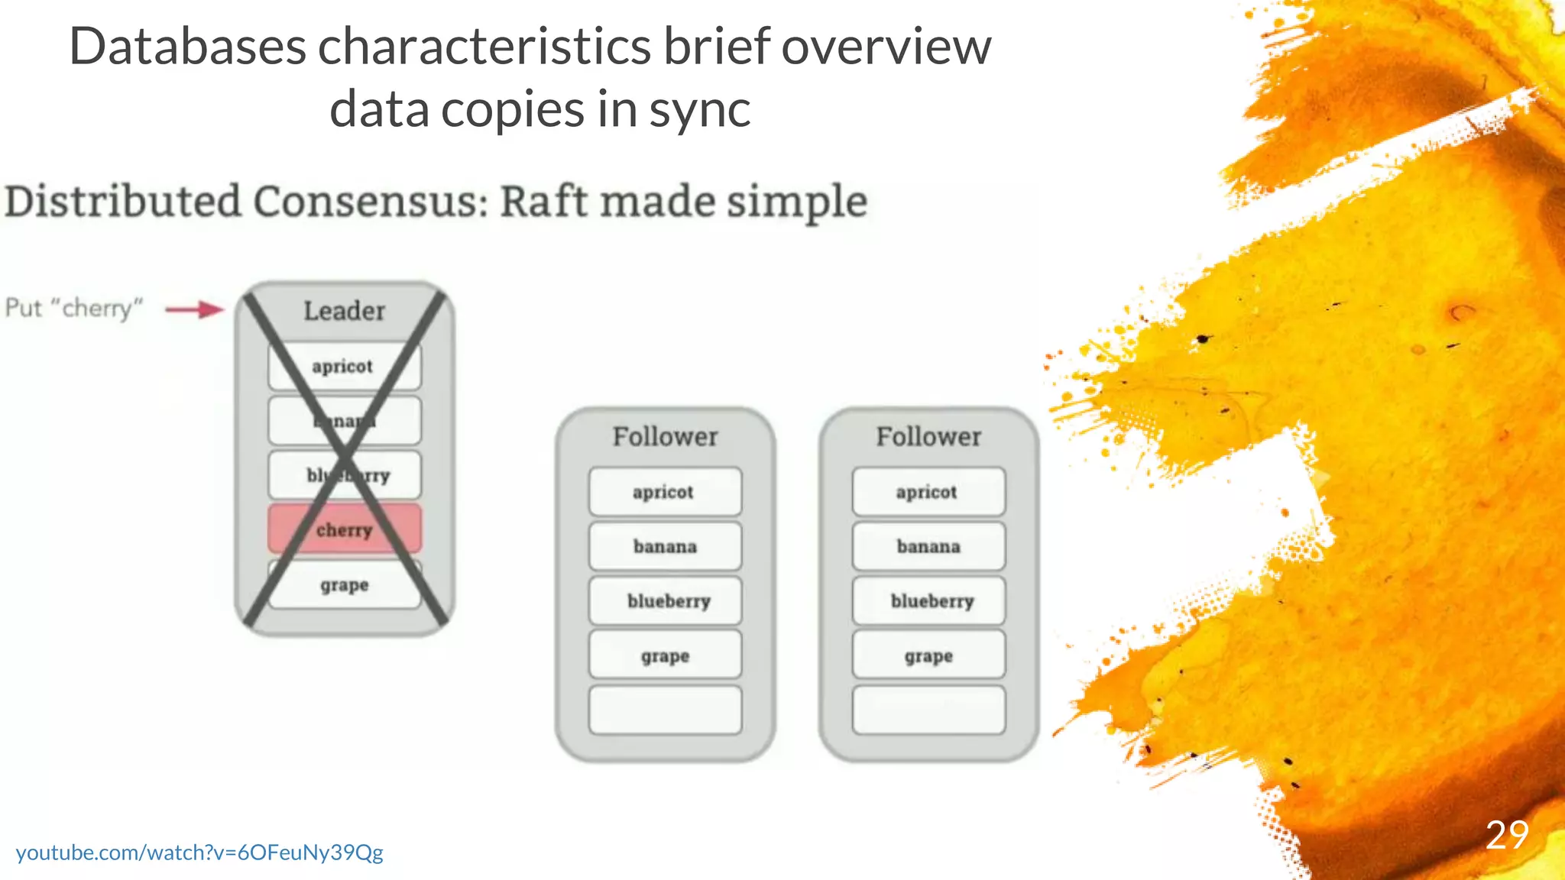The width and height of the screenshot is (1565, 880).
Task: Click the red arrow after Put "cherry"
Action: click(195, 309)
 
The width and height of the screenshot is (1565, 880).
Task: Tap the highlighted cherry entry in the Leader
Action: click(344, 529)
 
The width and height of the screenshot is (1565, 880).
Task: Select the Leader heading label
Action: click(344, 311)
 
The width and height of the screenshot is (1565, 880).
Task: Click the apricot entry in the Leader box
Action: click(343, 366)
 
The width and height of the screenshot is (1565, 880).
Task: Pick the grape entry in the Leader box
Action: click(345, 585)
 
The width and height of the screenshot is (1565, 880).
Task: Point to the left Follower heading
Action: click(665, 437)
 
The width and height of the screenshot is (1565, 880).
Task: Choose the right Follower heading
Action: click(928, 437)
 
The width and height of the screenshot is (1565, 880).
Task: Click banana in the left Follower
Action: click(665, 546)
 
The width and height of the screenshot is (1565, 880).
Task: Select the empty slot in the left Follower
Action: click(665, 710)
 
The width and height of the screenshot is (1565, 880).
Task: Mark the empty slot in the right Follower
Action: click(929, 710)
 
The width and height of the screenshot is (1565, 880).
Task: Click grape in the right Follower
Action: click(929, 656)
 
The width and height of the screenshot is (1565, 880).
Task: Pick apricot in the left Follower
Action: click(664, 492)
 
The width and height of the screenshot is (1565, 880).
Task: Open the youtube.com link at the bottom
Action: click(199, 852)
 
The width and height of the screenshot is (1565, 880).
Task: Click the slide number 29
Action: click(1507, 835)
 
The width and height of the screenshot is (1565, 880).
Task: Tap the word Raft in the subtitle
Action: click(544, 202)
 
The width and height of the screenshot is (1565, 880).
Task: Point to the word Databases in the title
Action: click(187, 47)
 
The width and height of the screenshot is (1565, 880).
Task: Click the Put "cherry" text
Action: click(74, 308)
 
